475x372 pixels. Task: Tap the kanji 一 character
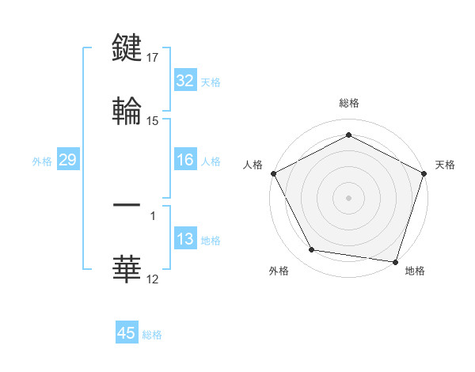coord(127,204)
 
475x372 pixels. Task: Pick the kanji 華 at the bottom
coord(127,268)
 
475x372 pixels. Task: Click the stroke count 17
coord(154,57)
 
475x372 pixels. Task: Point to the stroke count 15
coord(154,121)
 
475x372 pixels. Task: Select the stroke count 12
coord(154,279)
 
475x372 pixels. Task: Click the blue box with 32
coord(185,81)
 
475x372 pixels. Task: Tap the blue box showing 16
coord(185,160)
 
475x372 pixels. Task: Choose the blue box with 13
coord(185,239)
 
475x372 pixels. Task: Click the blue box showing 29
coord(67,160)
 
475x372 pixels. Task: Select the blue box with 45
coord(127,333)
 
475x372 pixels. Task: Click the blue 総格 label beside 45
coord(152,335)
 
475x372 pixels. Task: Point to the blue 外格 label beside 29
coord(42,161)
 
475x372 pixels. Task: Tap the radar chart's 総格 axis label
coord(349,103)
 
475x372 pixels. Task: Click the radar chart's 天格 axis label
coord(445,165)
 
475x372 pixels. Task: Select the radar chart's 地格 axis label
coord(415,271)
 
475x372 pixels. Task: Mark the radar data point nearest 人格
coord(273,173)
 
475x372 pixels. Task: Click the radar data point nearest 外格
coord(312,250)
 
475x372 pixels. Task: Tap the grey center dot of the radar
coord(349,197)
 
